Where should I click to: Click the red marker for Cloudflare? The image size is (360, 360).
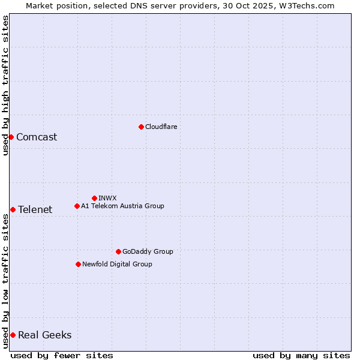[141, 127]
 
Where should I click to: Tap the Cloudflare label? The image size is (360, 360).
[161, 127]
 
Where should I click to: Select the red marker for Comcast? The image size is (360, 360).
[11, 137]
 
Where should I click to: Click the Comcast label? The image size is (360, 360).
[37, 137]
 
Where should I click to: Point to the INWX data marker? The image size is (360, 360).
[94, 198]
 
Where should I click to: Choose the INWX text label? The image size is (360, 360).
[108, 198]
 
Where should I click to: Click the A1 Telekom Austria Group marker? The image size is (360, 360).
[77, 206]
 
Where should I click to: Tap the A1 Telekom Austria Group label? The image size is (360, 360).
[122, 206]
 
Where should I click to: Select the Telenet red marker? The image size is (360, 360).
[13, 209]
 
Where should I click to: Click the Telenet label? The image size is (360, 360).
[35, 209]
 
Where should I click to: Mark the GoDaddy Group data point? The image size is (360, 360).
[118, 251]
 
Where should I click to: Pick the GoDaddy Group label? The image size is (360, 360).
[148, 251]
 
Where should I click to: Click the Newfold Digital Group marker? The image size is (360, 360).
[78, 264]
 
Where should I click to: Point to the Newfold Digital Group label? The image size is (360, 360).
[117, 264]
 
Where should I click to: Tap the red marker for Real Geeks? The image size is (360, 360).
[13, 335]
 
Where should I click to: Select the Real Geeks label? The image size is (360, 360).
[44, 335]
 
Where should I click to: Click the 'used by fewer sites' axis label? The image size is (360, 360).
[62, 355]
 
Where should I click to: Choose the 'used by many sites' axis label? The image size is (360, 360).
[301, 355]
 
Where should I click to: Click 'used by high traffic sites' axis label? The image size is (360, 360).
[5, 85]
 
